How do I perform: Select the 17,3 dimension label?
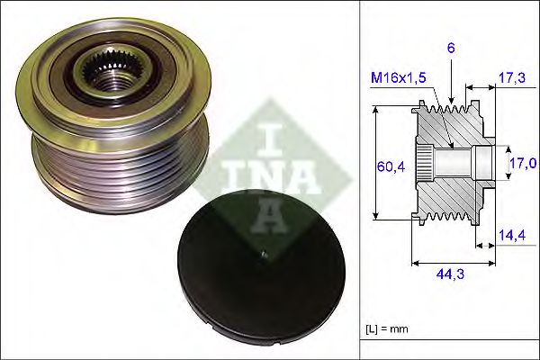pyautogui.click(x=511, y=80)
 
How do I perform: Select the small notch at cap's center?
pyautogui.click(x=263, y=258)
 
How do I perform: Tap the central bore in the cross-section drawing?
pyautogui.click(x=459, y=164)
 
